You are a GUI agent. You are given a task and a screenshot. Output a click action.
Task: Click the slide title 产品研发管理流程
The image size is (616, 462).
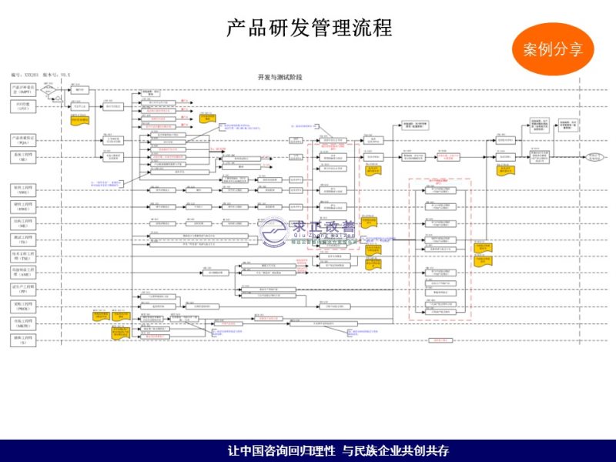click(310, 28)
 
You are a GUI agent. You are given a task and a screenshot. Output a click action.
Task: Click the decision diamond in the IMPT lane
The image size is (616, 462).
click(51, 90)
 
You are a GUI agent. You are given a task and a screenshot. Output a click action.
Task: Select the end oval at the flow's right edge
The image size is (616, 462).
click(594, 156)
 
